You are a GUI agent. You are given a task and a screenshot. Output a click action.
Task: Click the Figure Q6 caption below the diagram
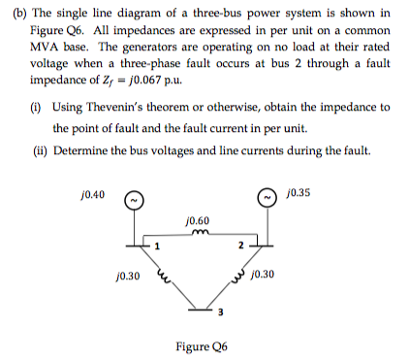point(203,345)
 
